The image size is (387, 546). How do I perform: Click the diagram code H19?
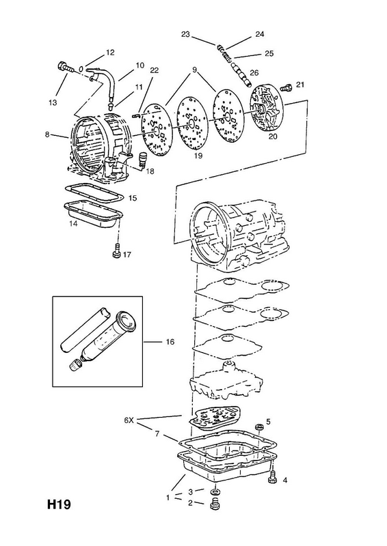59,504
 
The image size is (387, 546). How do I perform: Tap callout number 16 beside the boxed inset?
170,342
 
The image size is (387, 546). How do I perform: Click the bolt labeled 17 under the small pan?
117,253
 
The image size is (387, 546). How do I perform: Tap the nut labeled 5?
259,425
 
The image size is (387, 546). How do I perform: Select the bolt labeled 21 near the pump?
286,87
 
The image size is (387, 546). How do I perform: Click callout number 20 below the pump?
273,136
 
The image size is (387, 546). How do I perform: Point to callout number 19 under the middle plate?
198,156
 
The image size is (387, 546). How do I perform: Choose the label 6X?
129,420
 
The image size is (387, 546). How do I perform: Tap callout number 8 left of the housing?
47,134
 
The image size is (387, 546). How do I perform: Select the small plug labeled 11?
110,104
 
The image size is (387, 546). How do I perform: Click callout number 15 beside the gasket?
133,199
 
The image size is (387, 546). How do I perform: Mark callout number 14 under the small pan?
73,224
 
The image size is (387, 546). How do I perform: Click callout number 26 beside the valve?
254,72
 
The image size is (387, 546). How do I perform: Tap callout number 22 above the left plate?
154,70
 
